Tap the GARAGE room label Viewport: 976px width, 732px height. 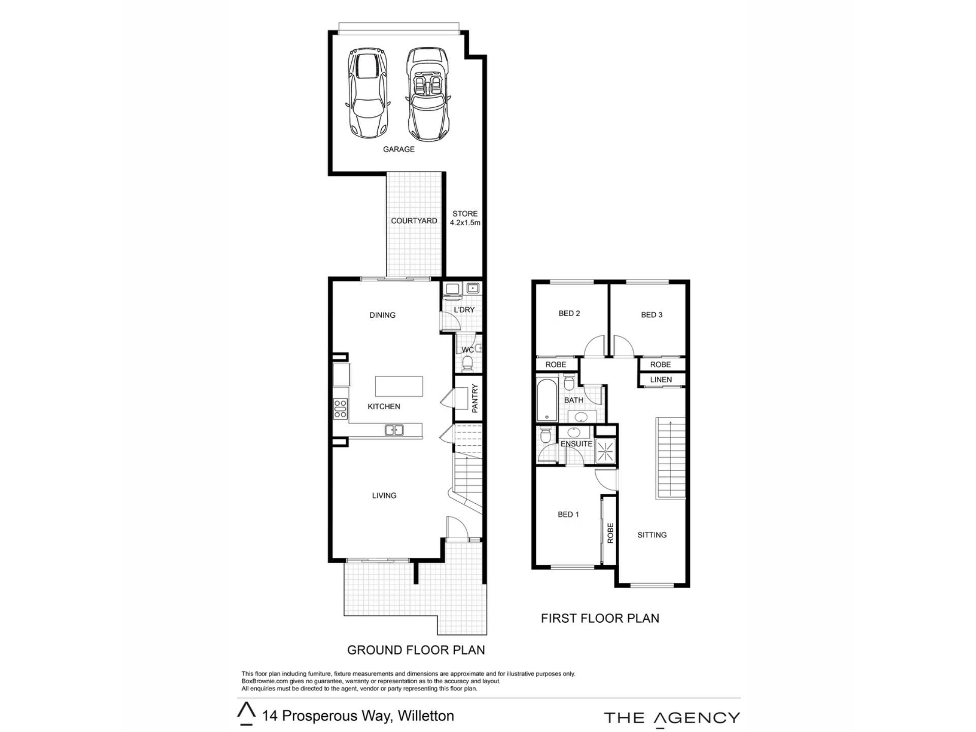(399, 149)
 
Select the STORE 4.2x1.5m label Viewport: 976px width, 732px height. (465, 218)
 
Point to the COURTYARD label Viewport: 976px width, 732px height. (414, 221)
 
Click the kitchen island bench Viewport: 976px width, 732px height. (399, 386)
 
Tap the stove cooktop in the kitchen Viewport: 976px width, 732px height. (340, 409)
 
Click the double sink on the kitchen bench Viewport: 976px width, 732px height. (394, 430)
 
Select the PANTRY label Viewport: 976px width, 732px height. (475, 398)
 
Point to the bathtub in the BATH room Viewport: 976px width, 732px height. (547, 400)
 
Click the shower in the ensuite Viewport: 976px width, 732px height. (605, 451)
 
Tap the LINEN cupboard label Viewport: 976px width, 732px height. (661, 380)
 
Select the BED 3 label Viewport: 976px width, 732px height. (652, 315)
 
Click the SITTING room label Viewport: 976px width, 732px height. (652, 535)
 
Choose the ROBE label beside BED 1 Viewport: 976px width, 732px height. (611, 533)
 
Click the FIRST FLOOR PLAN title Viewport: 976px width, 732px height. (600, 618)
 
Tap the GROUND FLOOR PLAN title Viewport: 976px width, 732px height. (416, 650)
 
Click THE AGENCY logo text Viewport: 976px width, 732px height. (672, 718)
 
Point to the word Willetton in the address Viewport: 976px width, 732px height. (426, 716)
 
